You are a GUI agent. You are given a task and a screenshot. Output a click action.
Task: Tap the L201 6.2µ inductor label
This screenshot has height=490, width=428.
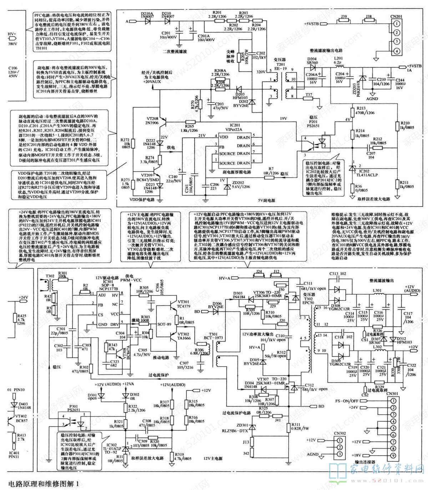pos(338,60)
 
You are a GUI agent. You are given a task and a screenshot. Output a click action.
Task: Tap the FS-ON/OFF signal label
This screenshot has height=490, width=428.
pos(347,401)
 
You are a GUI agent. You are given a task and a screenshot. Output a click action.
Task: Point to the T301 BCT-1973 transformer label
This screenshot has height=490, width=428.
pos(214,336)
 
